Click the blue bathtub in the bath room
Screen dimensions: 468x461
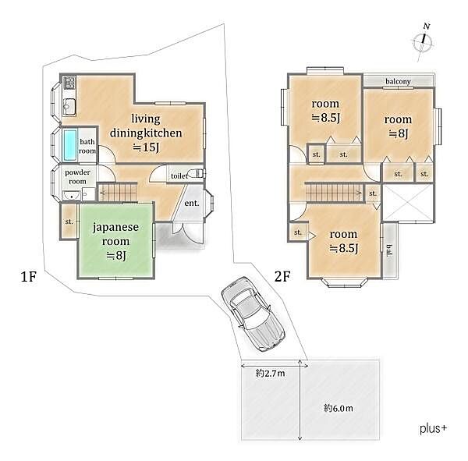click(x=70, y=145)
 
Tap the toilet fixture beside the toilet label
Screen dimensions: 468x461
click(x=198, y=173)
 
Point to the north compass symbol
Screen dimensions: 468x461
click(x=423, y=42)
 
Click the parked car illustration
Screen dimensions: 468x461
click(x=253, y=314)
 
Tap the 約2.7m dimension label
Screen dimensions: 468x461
click(x=270, y=373)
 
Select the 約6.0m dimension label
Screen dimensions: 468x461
click(x=339, y=408)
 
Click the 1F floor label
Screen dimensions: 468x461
click(x=29, y=276)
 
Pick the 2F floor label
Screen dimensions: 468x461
click(x=282, y=276)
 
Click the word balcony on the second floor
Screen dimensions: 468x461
click(x=398, y=81)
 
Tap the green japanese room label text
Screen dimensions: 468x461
click(x=115, y=234)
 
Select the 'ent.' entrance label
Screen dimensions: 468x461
click(x=192, y=204)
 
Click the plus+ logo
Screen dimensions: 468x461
click(x=433, y=429)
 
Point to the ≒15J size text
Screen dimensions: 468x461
click(x=146, y=147)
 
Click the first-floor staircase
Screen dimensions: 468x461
click(x=117, y=193)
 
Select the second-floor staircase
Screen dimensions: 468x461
click(x=334, y=193)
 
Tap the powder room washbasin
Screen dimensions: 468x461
click(x=71, y=196)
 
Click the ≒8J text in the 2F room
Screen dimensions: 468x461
click(x=398, y=133)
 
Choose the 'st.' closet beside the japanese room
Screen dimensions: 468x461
click(x=69, y=222)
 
